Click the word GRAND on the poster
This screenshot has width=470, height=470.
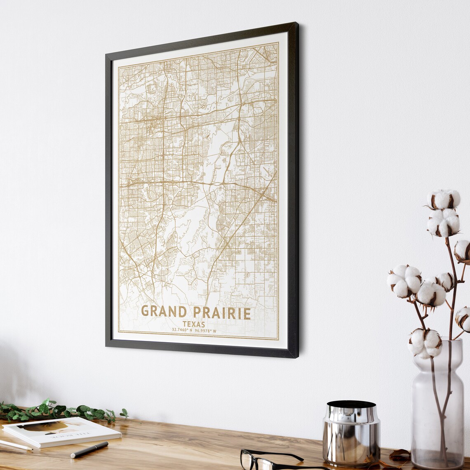(x=164, y=311)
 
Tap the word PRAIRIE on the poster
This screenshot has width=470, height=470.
(x=222, y=313)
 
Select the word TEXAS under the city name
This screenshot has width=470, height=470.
(x=194, y=324)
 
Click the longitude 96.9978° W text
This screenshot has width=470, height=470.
(x=205, y=331)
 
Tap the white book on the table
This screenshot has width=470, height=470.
(x=62, y=431)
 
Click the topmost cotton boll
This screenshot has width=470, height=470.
(x=443, y=199)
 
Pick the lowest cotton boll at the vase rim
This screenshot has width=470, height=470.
(x=425, y=343)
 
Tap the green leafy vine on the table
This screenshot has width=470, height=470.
(x=62, y=410)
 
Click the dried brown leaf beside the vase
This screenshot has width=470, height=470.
(x=399, y=455)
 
